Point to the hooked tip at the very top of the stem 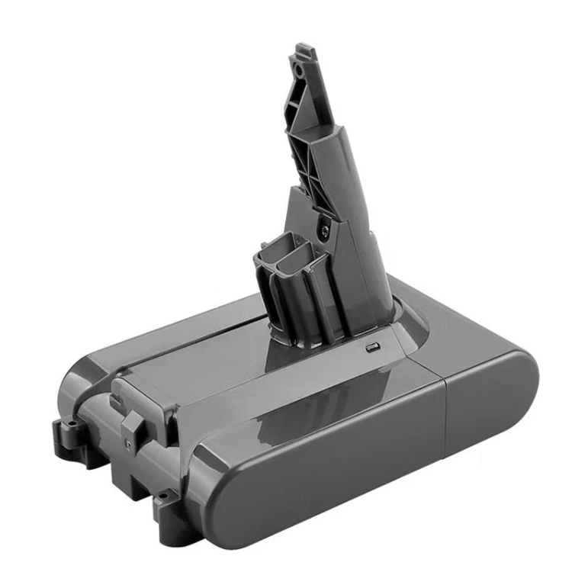303,50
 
